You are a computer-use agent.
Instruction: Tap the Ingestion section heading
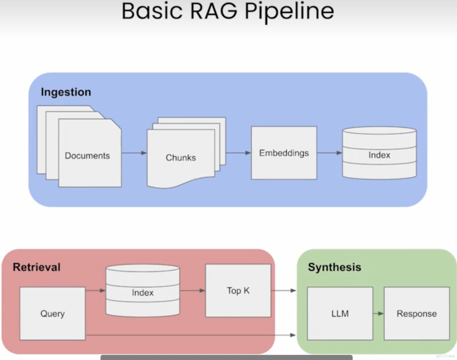pyautogui.click(x=66, y=92)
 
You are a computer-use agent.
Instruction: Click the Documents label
pyautogui.click(x=87, y=156)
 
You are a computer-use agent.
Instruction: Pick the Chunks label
pyautogui.click(x=181, y=158)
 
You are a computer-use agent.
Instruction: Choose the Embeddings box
pyautogui.click(x=284, y=153)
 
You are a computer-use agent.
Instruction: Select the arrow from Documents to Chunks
pyautogui.click(x=134, y=153)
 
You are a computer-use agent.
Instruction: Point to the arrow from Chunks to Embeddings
pyautogui.click(x=238, y=153)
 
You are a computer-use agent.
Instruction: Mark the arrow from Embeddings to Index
pyautogui.click(x=329, y=153)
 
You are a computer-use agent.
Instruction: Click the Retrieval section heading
pyautogui.click(x=37, y=267)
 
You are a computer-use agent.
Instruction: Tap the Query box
pyautogui.click(x=52, y=313)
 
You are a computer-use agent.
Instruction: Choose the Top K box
pyautogui.click(x=238, y=290)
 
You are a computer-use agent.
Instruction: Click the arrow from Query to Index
pyautogui.click(x=95, y=290)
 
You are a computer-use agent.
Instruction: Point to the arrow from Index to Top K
pyautogui.click(x=192, y=290)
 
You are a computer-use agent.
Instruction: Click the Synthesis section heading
pyautogui.click(x=334, y=267)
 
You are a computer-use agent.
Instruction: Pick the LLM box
pyautogui.click(x=340, y=313)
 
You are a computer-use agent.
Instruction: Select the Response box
pyautogui.click(x=416, y=313)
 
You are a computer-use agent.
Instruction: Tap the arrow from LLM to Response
pyautogui.click(x=378, y=313)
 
